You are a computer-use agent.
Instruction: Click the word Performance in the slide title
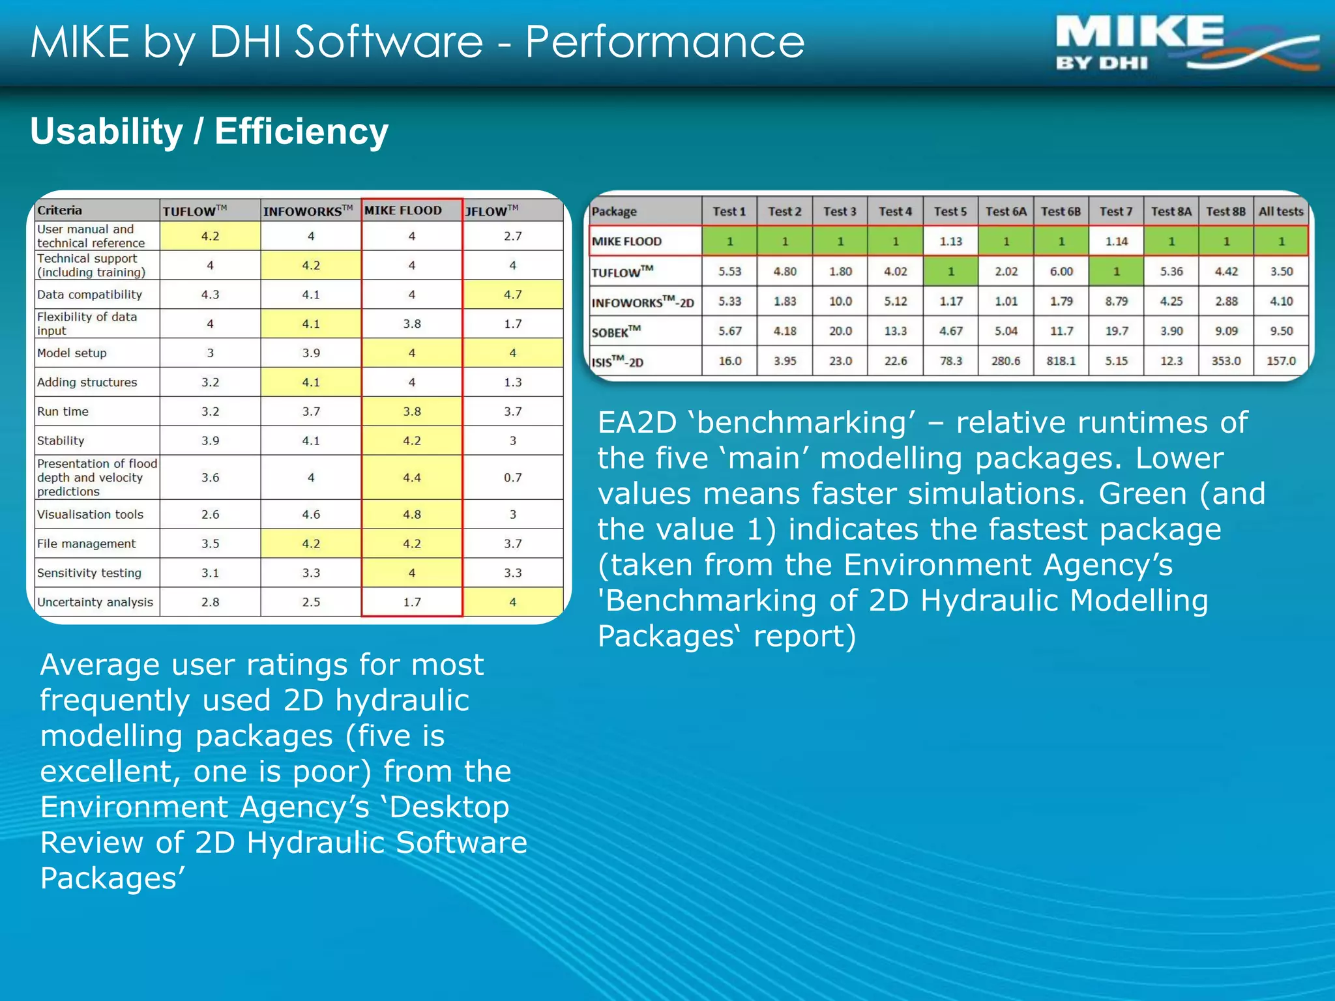pos(664,42)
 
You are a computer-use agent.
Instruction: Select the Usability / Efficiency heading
pos(209,132)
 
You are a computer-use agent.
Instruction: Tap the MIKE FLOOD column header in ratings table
pos(404,210)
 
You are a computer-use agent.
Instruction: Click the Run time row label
pos(63,411)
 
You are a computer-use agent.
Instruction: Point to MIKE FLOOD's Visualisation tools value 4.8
pos(412,514)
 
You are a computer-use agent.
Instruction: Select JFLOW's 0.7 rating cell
pos(512,477)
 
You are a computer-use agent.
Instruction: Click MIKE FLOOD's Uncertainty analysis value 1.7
pos(412,602)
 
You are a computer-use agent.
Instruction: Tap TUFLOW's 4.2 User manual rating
pos(210,236)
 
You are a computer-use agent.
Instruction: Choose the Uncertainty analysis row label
pos(95,602)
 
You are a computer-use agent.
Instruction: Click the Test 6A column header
pos(1005,211)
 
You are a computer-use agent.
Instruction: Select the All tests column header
pos(1280,211)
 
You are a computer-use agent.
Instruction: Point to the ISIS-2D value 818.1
pos(1061,360)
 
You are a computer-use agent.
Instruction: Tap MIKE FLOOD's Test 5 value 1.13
pos(950,241)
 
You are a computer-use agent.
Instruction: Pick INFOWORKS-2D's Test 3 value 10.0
pos(840,301)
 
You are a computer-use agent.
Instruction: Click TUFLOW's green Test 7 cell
pos(1116,271)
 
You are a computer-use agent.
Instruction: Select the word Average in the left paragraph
pos(99,665)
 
